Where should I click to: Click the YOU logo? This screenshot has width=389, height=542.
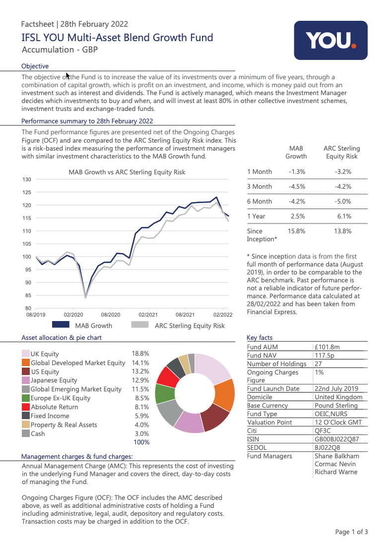[x=330, y=41]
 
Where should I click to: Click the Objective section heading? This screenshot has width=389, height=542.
[x=35, y=66]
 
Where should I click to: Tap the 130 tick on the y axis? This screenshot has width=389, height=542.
[x=27, y=179]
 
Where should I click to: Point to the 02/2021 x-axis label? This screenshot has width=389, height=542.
[x=148, y=315]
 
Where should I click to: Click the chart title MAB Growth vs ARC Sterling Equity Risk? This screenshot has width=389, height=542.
[x=127, y=172]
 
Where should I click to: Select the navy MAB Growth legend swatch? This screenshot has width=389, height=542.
[x=61, y=325]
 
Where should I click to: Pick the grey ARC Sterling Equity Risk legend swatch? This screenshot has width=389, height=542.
[x=140, y=325]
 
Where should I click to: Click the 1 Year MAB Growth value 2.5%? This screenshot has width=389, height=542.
[x=298, y=217]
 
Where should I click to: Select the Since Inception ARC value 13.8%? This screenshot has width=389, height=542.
[x=343, y=231]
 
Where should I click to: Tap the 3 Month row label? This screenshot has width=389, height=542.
[x=259, y=187]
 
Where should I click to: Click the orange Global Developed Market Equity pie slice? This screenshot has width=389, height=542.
[x=224, y=394]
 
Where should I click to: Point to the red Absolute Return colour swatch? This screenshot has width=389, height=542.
[x=26, y=407]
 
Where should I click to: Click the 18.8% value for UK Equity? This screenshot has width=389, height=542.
[x=140, y=354]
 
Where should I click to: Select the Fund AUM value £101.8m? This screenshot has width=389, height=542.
[x=327, y=347]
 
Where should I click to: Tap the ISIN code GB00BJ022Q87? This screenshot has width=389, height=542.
[x=337, y=439]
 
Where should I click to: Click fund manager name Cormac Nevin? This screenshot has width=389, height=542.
[x=335, y=464]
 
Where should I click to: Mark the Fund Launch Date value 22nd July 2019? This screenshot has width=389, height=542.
[x=336, y=389]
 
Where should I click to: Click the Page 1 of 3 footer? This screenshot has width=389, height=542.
[x=351, y=532]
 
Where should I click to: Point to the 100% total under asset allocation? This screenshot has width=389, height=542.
[x=141, y=442]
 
